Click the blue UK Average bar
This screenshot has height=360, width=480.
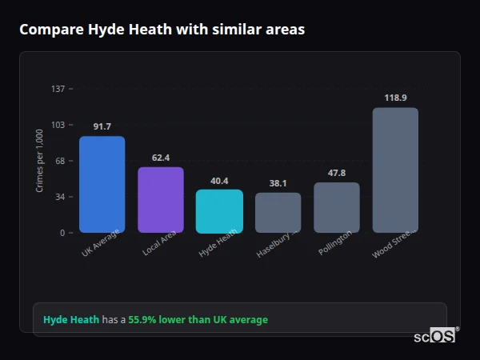pos(102,184)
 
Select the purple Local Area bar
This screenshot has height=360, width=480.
pos(161,200)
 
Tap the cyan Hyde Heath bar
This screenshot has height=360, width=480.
pos(219,211)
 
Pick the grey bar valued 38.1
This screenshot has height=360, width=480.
pos(278,213)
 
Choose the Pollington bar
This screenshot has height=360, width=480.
pos(337,208)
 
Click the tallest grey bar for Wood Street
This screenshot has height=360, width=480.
pos(395,170)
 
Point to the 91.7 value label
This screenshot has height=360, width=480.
pos(102,126)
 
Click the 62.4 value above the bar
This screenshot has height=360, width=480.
pos(161,158)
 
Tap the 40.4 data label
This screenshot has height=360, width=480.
pos(219,181)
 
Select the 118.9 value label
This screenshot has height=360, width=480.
pos(395,98)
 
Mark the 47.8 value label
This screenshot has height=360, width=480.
pos(337,173)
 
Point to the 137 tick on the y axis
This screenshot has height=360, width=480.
pos(58,89)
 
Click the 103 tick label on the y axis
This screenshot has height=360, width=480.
pos(58,125)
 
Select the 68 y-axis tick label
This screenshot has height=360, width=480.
pos(60,161)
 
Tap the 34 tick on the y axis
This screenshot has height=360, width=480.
pos(60,197)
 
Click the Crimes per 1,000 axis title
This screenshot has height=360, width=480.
pos(40,161)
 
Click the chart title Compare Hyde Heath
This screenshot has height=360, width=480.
pos(162,29)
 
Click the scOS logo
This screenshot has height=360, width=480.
pos(435,337)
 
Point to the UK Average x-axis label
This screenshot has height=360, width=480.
pos(101,243)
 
